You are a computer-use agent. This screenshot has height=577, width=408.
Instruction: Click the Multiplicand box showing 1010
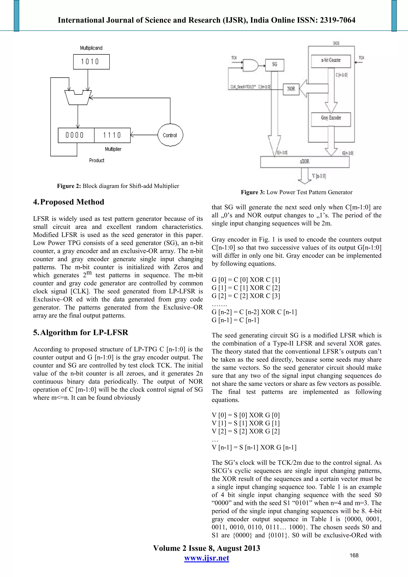(x=91, y=62)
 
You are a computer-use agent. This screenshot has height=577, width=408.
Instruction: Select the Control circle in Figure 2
(x=170, y=135)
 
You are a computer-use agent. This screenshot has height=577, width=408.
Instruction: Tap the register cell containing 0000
(x=76, y=135)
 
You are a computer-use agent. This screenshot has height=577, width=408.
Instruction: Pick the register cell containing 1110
(x=112, y=135)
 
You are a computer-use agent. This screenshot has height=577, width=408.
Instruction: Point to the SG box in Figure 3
(x=274, y=65)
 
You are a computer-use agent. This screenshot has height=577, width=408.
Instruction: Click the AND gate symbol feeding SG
(x=250, y=65)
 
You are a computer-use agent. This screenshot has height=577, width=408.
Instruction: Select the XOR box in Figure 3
(x=291, y=89)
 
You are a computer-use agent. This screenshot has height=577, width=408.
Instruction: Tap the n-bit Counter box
(x=331, y=60)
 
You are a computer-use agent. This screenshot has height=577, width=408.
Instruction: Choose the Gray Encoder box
(x=331, y=118)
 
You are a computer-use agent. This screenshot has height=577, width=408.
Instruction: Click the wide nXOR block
(x=304, y=162)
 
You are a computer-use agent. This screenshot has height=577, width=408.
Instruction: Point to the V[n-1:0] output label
(x=319, y=176)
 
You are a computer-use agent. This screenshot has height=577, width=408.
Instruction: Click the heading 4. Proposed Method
(x=69, y=202)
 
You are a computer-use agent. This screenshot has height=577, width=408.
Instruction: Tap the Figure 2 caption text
(x=118, y=186)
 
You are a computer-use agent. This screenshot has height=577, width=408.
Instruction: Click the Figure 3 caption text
(x=296, y=192)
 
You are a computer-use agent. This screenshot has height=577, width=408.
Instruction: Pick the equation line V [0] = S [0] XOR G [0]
(x=245, y=415)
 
